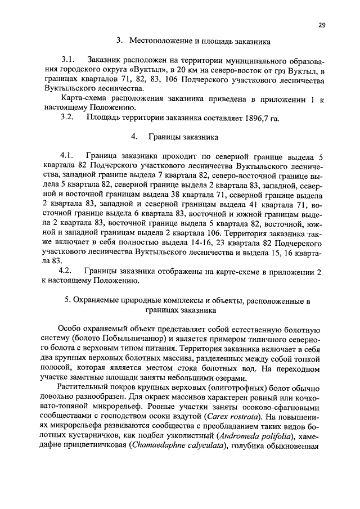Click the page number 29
click(x=322, y=25)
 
